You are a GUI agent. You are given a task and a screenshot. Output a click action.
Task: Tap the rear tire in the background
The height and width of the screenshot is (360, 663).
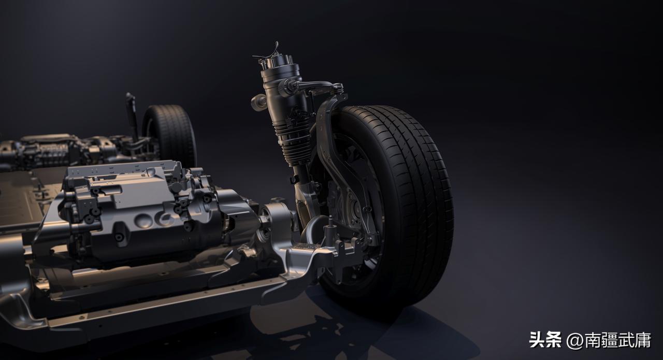pos(170,133)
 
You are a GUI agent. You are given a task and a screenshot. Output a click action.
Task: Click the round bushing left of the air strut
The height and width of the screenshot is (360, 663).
pos(258,102)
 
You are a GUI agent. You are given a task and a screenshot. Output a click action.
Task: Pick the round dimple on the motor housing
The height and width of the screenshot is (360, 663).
pos(143,221)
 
